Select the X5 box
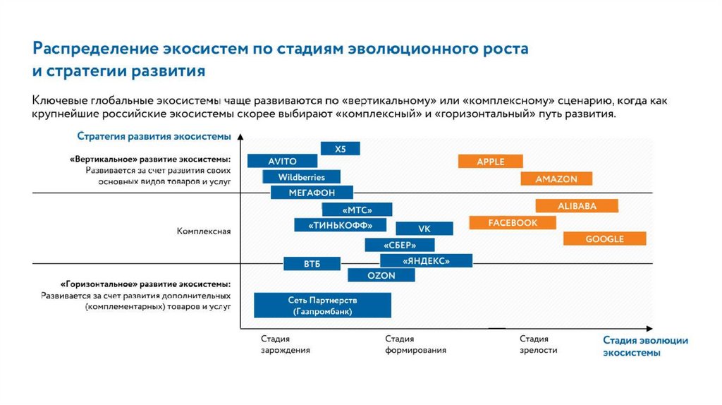(341, 149)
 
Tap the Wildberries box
(302, 177)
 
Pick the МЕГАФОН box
(312, 193)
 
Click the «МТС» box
(357, 210)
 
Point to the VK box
(424, 229)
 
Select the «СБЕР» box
(400, 245)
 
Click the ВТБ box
(312, 263)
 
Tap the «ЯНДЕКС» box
(427, 260)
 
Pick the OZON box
(381, 276)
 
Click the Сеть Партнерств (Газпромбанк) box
(322, 306)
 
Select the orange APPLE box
(490, 162)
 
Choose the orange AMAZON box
(556, 179)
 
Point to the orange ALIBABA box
(577, 206)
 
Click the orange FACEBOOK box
(513, 223)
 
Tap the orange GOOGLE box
(604, 238)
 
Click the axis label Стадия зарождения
(285, 344)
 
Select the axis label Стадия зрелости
(539, 344)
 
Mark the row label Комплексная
(204, 231)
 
